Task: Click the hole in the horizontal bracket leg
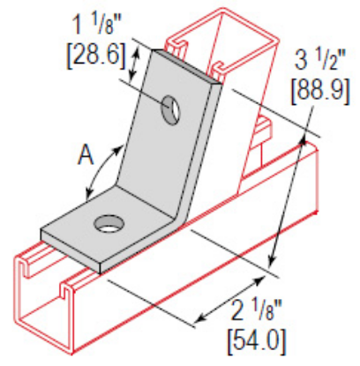tap(109, 224)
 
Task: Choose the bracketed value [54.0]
tap(255, 338)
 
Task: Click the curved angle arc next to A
tap(95, 169)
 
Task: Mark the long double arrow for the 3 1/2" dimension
tap(289, 198)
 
